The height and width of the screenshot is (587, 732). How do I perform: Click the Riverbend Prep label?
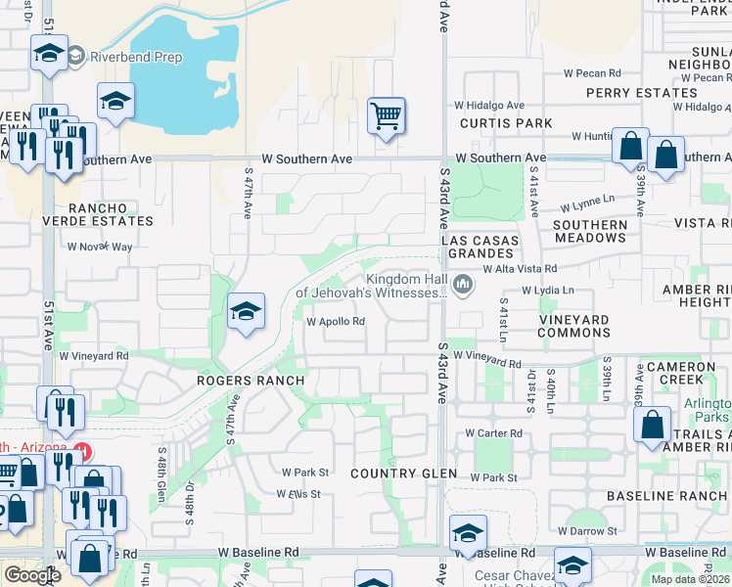136,57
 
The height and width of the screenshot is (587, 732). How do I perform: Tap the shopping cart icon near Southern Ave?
386,117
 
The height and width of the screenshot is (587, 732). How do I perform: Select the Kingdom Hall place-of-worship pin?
463,285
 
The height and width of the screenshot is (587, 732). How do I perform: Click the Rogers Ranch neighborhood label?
251,380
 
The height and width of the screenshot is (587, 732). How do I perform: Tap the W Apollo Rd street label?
336,321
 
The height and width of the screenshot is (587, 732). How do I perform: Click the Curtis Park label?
506,124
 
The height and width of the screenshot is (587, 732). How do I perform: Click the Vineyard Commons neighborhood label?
574,326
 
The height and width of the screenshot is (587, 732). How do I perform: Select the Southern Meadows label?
590,231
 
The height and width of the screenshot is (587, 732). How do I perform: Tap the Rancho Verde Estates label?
111,214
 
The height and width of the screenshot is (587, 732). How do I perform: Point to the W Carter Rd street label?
493,432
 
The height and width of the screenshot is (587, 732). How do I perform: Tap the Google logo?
32,575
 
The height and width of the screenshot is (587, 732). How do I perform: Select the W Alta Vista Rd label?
519,268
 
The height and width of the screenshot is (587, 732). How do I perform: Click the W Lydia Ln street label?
548,291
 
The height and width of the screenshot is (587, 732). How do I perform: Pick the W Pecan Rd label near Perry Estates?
593,73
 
